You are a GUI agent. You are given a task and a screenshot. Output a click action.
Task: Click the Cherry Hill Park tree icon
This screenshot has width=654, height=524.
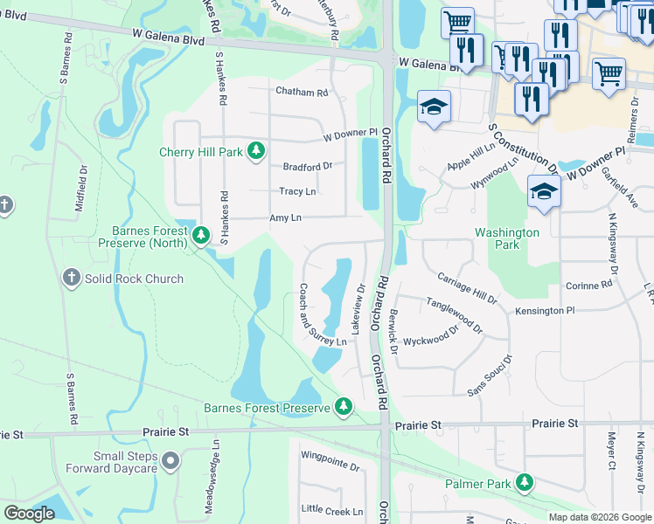(x=256, y=152)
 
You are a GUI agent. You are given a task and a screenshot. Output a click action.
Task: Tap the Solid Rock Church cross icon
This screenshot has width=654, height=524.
(x=72, y=279)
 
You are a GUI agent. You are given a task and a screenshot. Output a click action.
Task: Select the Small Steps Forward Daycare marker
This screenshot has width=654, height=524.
(x=170, y=459)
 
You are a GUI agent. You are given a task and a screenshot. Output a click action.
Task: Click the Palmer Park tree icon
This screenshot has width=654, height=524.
(x=525, y=482)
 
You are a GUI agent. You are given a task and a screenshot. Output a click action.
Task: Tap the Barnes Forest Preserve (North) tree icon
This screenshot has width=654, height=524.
(x=201, y=235)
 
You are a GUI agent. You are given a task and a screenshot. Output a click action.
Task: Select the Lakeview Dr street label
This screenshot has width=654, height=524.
(x=358, y=307)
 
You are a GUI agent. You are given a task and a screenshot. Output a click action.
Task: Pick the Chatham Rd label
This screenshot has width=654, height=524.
(x=301, y=92)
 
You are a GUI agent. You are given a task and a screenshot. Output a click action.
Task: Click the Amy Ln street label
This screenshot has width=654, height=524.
(x=286, y=217)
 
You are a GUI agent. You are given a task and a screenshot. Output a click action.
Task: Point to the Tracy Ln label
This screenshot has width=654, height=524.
(x=297, y=191)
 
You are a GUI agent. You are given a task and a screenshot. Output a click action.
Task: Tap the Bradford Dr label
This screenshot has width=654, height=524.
(x=307, y=166)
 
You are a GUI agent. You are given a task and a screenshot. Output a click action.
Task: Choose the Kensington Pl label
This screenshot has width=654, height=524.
(x=545, y=310)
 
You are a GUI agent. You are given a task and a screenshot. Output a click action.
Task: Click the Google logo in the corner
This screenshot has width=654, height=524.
(x=29, y=514)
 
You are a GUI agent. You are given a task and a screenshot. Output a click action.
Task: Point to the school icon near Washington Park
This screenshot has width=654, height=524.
(x=544, y=192)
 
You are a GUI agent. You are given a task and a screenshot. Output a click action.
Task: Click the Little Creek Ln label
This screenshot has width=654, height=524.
(x=331, y=511)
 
